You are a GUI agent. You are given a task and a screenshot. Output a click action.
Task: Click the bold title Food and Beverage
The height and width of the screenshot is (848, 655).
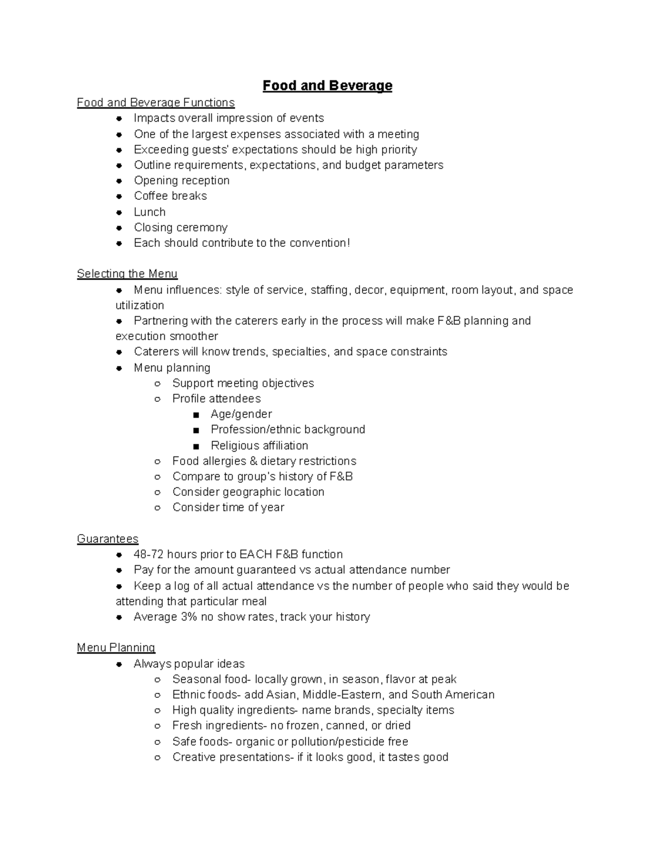(x=327, y=86)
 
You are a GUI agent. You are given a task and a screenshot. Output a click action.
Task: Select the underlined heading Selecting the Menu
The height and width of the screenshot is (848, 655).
(x=127, y=274)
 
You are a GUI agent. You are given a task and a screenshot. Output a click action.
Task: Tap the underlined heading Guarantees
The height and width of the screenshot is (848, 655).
(x=108, y=539)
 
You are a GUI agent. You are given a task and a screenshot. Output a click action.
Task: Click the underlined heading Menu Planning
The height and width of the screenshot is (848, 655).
(x=116, y=648)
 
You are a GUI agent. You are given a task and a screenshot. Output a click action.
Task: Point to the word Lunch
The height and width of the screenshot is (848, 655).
(x=150, y=212)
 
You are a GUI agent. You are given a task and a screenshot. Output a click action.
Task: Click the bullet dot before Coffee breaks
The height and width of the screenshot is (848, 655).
(x=119, y=196)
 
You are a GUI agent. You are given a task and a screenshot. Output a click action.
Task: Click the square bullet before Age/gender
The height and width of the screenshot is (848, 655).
(x=196, y=414)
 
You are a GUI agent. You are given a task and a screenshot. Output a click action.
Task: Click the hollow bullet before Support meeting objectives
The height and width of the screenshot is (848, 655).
(x=157, y=383)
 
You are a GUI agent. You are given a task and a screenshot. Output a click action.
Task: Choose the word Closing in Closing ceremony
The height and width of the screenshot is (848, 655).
(x=153, y=227)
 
